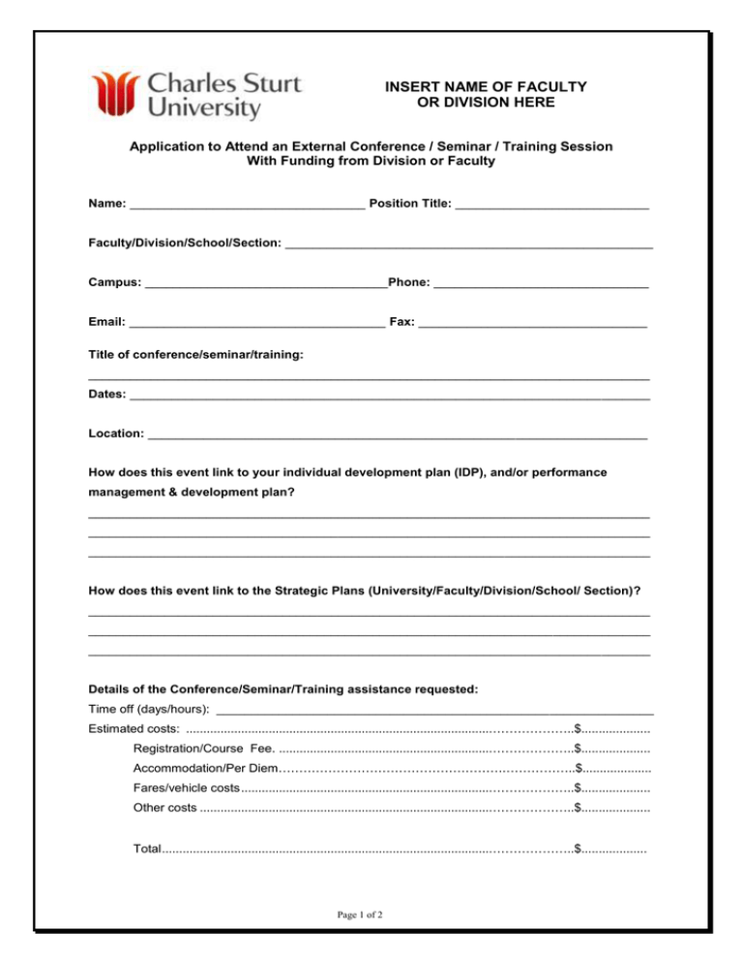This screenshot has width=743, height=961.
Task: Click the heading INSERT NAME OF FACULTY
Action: pyautogui.click(x=486, y=86)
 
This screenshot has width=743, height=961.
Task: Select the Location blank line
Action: pyautogui.click(x=398, y=436)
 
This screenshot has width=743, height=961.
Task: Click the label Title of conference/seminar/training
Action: pyautogui.click(x=196, y=356)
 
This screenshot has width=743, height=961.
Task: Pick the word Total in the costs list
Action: pyautogui.click(x=147, y=849)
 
